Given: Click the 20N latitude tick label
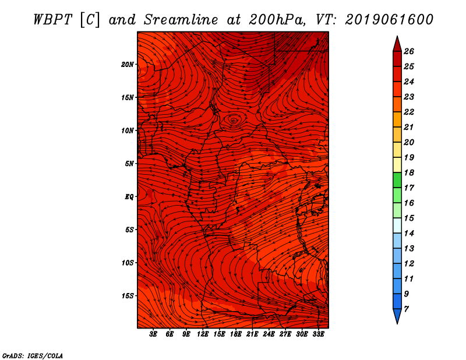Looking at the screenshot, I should [128, 64].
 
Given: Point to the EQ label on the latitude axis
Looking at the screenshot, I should [129, 196].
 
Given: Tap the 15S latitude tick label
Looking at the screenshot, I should [128, 295].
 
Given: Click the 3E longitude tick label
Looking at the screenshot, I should [154, 334].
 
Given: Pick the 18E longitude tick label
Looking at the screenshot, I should [236, 334].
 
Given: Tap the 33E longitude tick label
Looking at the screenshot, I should [318, 334].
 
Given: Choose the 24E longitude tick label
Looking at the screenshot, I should [269, 334].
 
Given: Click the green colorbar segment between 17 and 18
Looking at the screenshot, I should [397, 180].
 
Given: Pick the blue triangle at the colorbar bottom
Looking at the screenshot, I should [397, 316].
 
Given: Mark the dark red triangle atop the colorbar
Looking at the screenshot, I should [397, 44].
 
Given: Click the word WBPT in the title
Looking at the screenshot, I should [54, 19].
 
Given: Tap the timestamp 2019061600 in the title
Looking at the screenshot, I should [389, 19].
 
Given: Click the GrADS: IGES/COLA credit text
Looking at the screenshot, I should [33, 355].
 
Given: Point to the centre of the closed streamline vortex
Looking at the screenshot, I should [234, 121].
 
